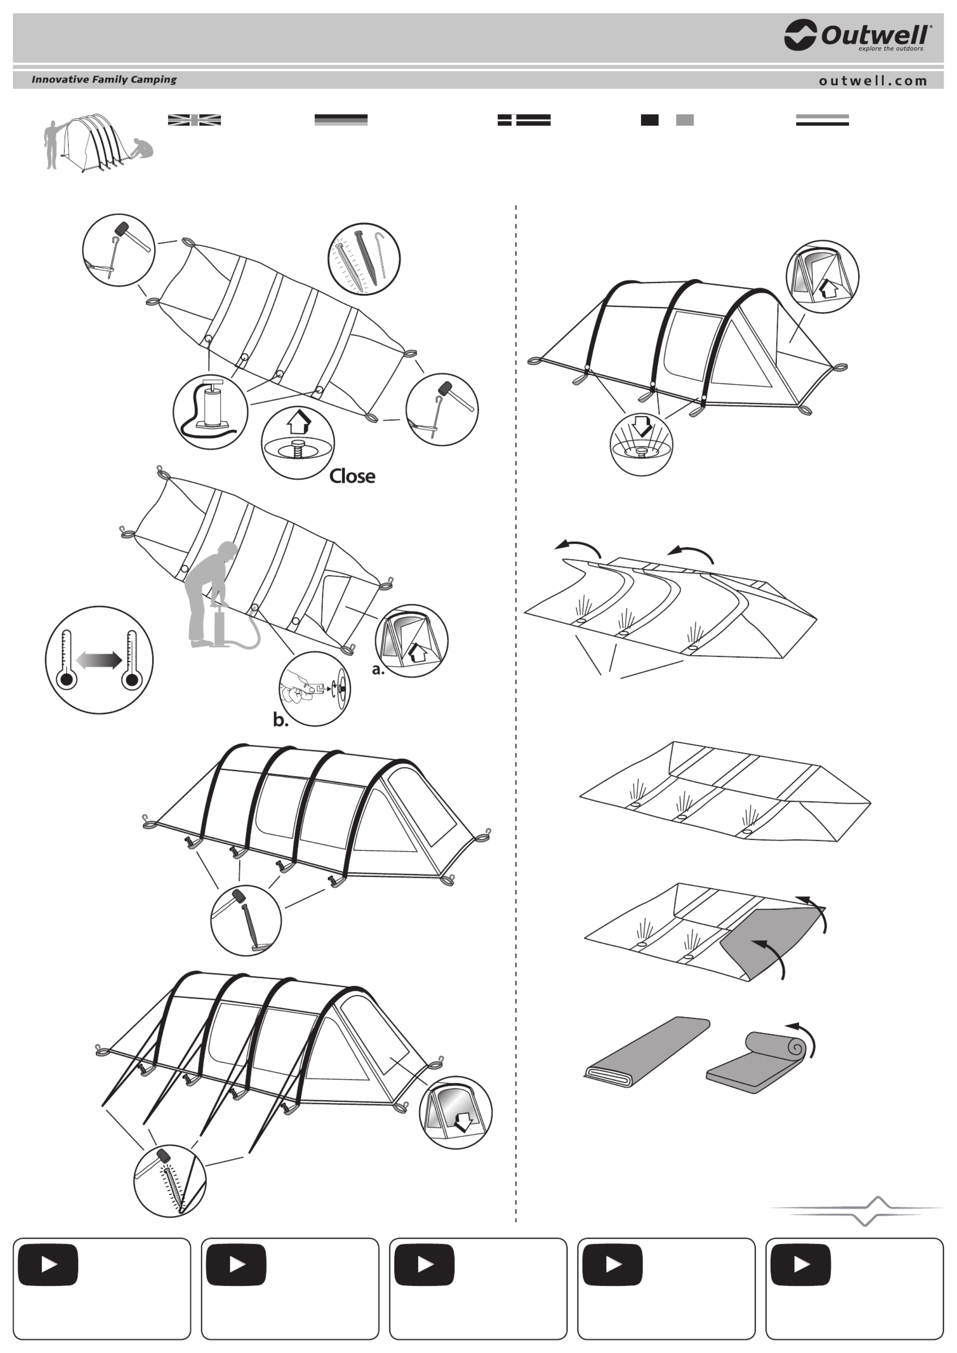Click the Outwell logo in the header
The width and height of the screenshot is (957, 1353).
click(x=858, y=36)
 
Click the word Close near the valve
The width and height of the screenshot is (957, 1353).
click(x=352, y=476)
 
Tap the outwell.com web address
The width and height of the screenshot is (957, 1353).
click(x=873, y=81)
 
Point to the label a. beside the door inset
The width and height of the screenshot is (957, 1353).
click(x=378, y=669)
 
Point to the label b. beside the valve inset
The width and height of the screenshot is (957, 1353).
click(x=281, y=720)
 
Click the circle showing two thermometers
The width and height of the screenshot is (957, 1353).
click(x=99, y=660)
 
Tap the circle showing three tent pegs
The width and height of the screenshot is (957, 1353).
click(x=364, y=259)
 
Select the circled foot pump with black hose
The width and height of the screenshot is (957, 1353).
click(x=210, y=412)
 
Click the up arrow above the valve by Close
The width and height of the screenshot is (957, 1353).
click(x=299, y=422)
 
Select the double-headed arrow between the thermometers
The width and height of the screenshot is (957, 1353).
click(x=99, y=660)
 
